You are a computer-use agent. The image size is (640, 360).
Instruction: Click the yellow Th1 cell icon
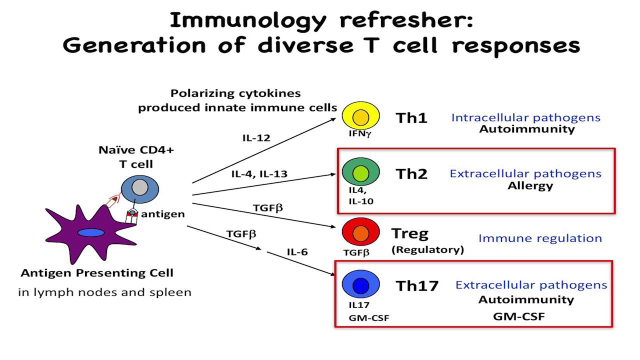[360, 117]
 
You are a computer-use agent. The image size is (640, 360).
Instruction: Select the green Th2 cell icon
[360, 173]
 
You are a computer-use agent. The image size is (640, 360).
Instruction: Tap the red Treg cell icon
[360, 232]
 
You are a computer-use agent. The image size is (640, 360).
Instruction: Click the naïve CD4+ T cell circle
[139, 188]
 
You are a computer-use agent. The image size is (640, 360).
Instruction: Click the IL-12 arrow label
[256, 137]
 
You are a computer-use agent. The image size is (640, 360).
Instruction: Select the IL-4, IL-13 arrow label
[259, 174]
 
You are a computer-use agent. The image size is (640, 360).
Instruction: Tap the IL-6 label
[297, 251]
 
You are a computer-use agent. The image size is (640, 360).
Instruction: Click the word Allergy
[523, 186]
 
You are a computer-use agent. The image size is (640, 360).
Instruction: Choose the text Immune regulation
[540, 238]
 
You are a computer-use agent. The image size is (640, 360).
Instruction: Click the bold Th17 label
[417, 286]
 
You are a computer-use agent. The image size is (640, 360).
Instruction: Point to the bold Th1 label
[411, 118]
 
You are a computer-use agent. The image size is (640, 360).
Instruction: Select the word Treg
[410, 233]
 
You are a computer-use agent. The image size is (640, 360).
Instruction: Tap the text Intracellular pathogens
[525, 117]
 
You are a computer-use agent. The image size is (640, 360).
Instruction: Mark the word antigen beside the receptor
[163, 214]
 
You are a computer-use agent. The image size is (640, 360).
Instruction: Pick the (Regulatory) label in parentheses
[427, 249]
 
